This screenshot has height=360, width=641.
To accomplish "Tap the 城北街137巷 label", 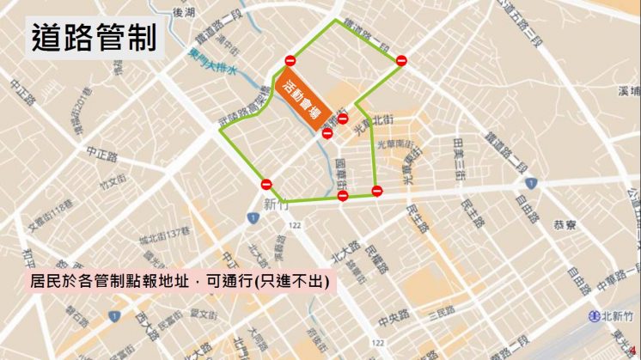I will [x=166, y=233].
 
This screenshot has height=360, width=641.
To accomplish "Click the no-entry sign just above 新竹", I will [x=266, y=184].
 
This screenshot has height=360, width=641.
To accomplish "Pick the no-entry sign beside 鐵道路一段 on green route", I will [x=400, y=59].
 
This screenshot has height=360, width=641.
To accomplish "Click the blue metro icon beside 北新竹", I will [x=595, y=316].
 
